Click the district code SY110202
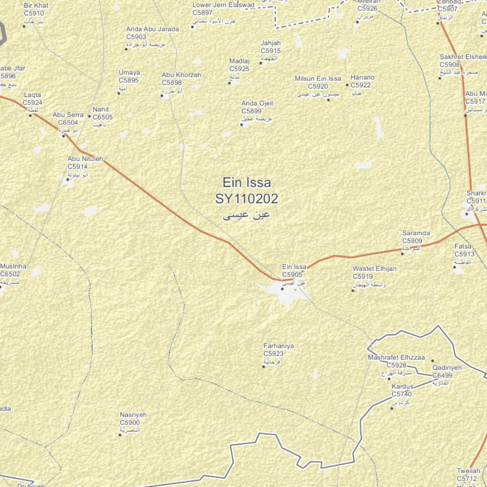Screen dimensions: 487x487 coord(246,198)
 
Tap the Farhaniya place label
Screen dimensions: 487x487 coord(279,346)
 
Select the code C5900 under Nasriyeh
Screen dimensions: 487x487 coord(130,422)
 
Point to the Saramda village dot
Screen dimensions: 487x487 coord(402,253)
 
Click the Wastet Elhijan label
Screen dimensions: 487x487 coord(374,269)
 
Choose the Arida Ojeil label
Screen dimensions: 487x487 coord(257,103)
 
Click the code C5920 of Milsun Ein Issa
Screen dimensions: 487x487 coord(318,87)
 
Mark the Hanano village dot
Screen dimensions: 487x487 coord(348,86)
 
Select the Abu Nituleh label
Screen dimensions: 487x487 coord(85,159)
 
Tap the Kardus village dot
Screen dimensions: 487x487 coord(392,408)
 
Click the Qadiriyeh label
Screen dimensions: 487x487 coord(447,368)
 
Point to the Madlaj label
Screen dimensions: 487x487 coord(239,61)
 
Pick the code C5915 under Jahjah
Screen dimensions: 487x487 coord(271,51)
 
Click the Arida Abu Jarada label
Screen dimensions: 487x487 coord(152,29)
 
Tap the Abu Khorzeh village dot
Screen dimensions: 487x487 coord(162,96)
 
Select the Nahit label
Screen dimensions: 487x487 coord(101,109)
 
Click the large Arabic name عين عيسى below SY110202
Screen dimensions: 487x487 coord(246,215)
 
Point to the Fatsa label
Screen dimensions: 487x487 coord(463,246)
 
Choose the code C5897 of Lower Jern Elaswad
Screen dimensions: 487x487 coord(203,13)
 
